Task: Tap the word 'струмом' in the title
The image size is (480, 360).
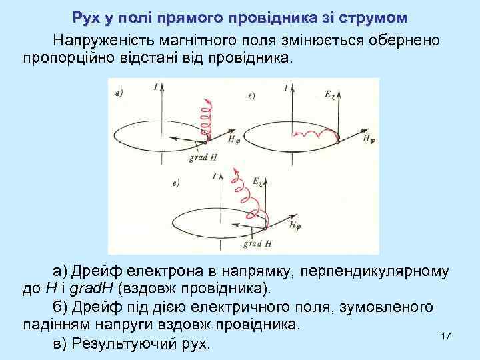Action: coord(370,17)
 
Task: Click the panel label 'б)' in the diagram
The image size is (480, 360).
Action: coord(251,97)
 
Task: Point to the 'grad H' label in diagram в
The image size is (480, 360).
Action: coord(257,245)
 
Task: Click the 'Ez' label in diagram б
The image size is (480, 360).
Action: coord(331,95)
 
